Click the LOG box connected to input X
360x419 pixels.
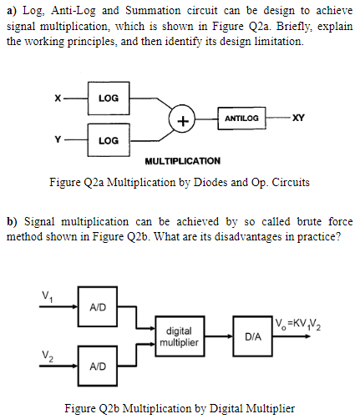tap(108, 98)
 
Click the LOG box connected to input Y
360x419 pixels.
tap(108, 140)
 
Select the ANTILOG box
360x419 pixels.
tap(242, 119)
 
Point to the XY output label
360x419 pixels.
tap(298, 119)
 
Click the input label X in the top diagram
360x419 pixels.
tap(58, 98)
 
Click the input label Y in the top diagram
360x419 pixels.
tap(58, 139)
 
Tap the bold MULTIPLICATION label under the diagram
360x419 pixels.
tap(183, 160)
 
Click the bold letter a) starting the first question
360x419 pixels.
tap(11, 10)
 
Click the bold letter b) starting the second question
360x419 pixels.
tap(12, 221)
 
